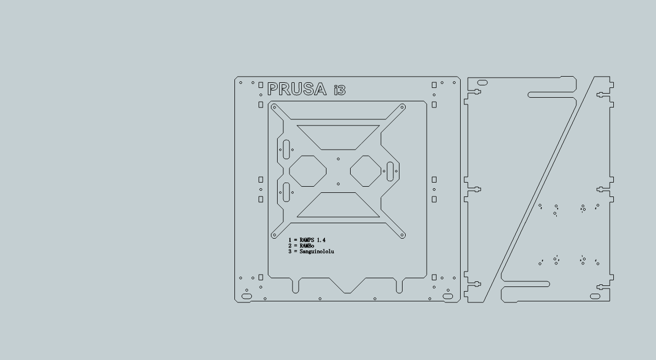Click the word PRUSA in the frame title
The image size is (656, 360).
click(297, 89)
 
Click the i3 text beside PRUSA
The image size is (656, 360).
click(339, 91)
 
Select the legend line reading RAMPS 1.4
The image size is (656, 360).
click(307, 240)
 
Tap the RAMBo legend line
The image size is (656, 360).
click(301, 246)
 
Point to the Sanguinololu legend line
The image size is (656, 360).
click(311, 251)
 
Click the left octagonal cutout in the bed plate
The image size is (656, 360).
click(308, 171)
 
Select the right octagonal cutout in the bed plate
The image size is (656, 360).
click(367, 171)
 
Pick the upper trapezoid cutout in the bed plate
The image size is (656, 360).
click(338, 136)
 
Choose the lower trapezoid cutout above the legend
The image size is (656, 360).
click(338, 205)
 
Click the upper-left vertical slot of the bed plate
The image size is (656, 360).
click(286, 149)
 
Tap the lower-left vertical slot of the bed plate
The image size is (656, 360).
click(286, 192)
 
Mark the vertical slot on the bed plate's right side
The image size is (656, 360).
click(390, 171)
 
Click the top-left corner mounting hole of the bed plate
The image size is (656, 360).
click(274, 107)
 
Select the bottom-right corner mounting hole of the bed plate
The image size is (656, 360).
click(402, 235)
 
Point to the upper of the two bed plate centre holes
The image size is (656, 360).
click(338, 159)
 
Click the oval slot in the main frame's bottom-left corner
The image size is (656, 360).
click(247, 297)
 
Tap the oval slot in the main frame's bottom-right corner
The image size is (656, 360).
click(448, 297)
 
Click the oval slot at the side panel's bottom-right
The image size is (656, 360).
click(595, 296)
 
